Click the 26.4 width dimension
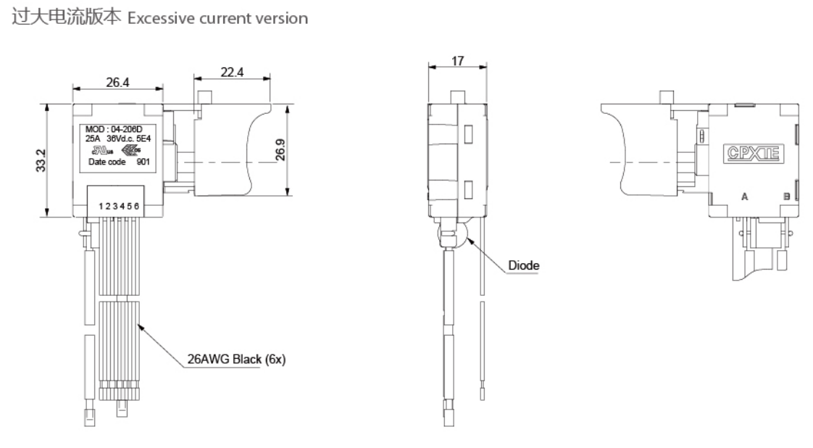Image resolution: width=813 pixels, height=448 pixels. click(x=117, y=83)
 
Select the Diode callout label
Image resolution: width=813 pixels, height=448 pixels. click(x=523, y=265)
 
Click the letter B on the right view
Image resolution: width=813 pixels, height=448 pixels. click(x=787, y=196)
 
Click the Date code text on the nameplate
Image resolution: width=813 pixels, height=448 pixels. click(x=106, y=162)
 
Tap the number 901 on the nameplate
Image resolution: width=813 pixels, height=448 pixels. click(x=145, y=162)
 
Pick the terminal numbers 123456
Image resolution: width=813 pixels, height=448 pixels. click(x=119, y=207)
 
